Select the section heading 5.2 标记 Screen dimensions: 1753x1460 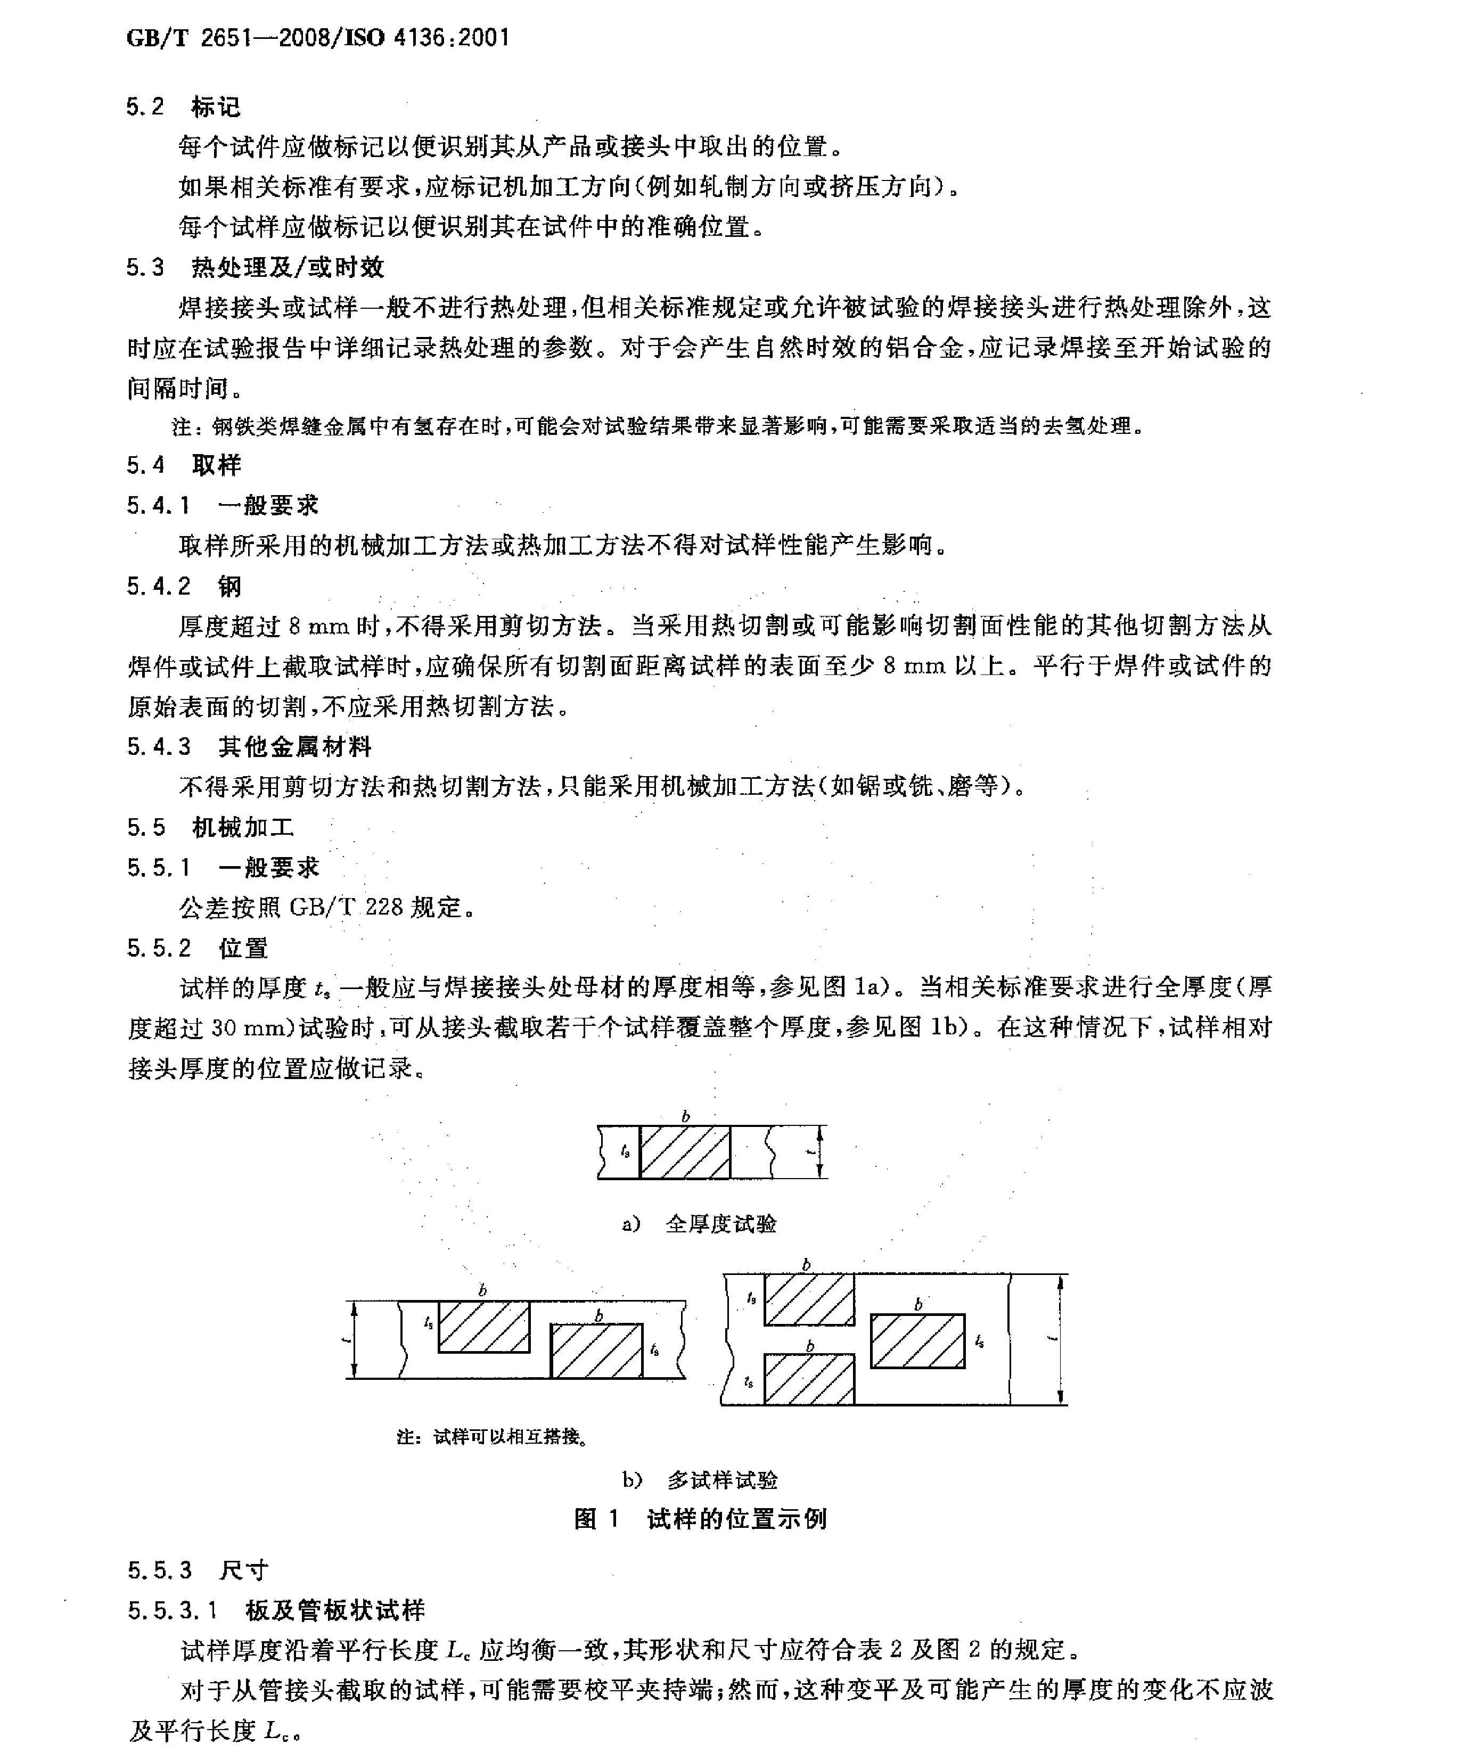(x=184, y=107)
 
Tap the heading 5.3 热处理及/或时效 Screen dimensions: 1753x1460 (x=255, y=267)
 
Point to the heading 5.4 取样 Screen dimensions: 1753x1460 (x=184, y=465)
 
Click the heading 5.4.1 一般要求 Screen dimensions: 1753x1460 (x=223, y=505)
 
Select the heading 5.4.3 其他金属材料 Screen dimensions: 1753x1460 (x=249, y=746)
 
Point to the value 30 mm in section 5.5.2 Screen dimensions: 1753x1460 (x=249, y=1028)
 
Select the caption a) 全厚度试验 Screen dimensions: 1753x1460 (x=700, y=1224)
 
